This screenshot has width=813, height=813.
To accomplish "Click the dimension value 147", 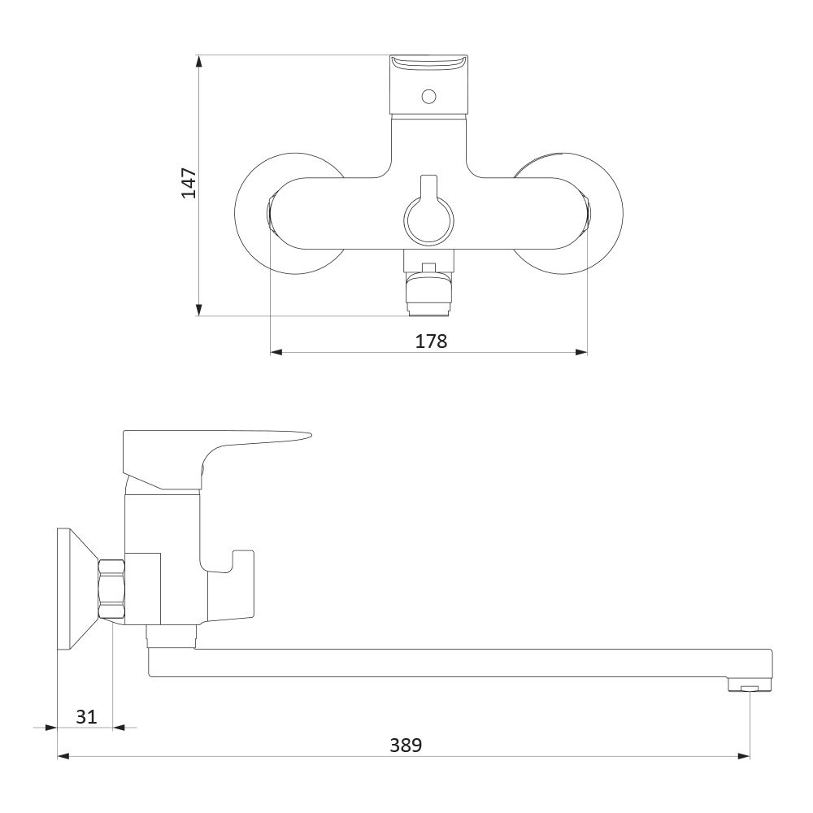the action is (189, 182).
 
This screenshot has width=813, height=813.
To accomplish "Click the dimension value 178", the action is (431, 341).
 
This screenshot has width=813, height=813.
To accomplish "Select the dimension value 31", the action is (86, 716).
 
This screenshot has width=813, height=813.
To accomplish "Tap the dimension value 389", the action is (406, 745).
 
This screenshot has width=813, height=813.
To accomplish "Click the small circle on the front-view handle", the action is (428, 97).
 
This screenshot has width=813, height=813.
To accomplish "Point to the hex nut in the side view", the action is (112, 589).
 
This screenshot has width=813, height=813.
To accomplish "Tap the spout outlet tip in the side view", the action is (750, 687).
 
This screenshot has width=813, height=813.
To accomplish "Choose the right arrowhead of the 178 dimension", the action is (581, 353).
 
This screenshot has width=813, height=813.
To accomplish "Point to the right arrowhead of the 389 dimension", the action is (744, 756).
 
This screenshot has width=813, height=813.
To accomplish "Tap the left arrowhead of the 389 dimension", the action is (63, 756).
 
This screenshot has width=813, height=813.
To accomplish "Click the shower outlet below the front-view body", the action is (428, 290).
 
